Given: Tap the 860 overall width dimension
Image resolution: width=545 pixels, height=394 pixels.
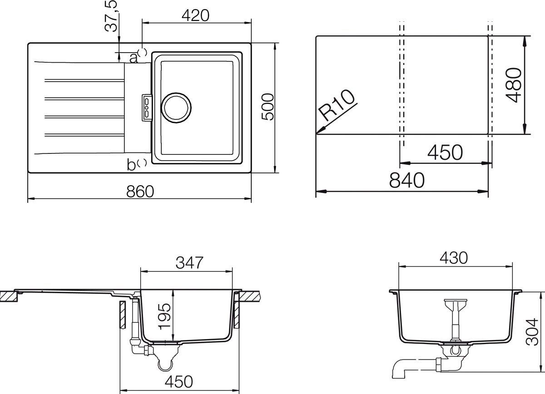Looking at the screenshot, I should tap(140, 192).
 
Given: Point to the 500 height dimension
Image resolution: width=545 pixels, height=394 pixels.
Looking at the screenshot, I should tap(268, 107).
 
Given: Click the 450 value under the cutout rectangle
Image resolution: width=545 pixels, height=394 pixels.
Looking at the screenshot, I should tap(445, 153).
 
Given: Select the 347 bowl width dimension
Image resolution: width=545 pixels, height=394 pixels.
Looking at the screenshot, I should tap(188, 262).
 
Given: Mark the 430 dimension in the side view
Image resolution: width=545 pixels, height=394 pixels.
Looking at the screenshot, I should tap(453, 257).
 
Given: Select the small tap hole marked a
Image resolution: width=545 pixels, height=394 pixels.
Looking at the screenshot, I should tap(142, 53).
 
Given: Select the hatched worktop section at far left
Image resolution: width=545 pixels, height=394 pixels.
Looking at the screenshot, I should tap(8, 296).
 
